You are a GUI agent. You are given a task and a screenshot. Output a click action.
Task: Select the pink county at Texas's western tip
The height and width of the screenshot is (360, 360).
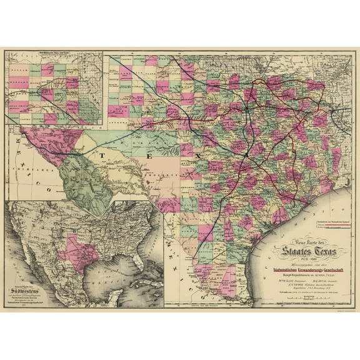[31, 132]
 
